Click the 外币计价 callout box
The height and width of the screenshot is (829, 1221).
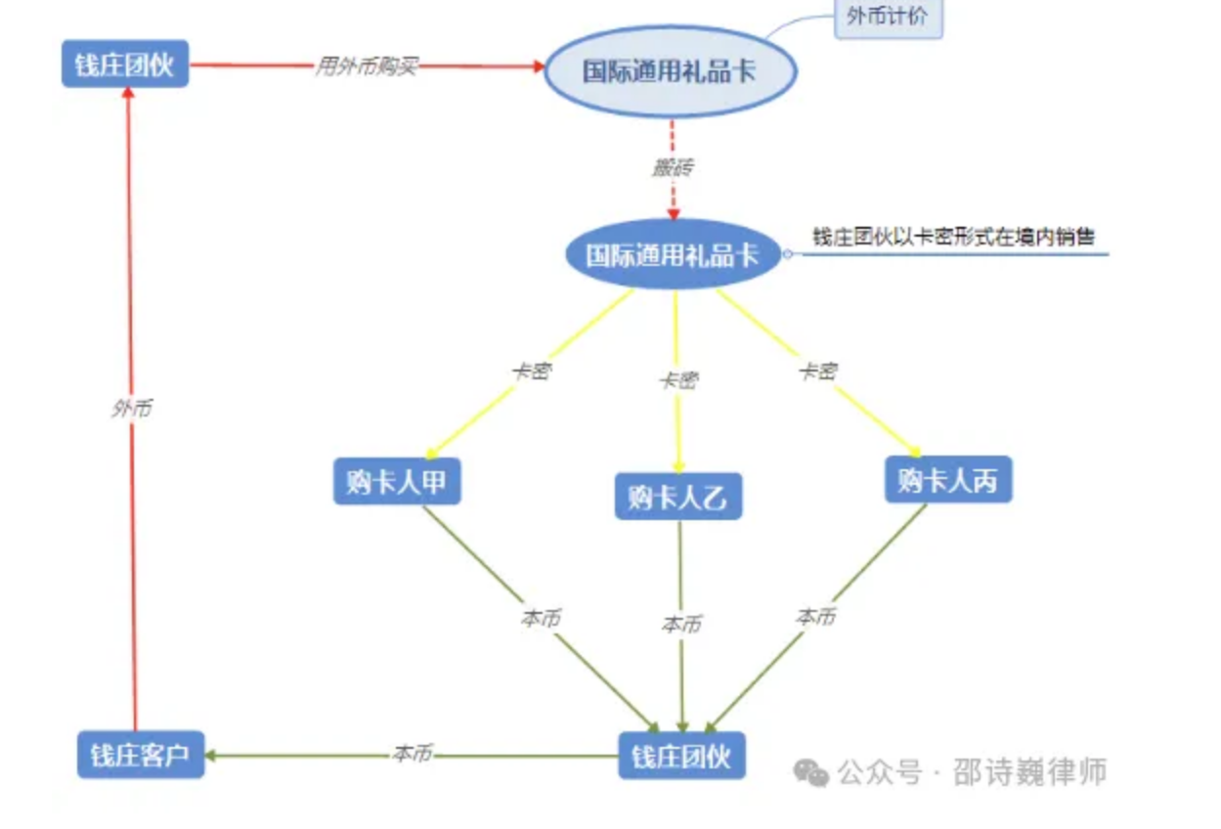[x=888, y=18]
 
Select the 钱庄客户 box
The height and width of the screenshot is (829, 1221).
[x=141, y=755]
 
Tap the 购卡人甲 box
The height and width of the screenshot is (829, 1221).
[x=396, y=481]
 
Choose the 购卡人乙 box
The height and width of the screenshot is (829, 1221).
[x=677, y=497]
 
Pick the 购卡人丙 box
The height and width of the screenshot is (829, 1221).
[x=947, y=480]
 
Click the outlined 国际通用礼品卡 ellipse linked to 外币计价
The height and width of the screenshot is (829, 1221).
[x=670, y=71]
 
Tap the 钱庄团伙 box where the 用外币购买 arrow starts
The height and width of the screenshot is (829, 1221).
[x=124, y=65]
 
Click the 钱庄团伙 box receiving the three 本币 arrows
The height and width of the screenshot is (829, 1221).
[x=681, y=756]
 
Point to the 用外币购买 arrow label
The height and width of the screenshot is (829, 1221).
[x=366, y=66]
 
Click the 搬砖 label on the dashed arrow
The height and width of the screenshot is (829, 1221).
[x=673, y=167]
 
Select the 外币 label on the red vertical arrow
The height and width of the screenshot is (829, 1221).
[x=131, y=409]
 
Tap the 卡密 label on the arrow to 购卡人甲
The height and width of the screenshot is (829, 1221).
[x=530, y=371]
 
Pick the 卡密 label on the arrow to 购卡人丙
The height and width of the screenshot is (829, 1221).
[x=817, y=371]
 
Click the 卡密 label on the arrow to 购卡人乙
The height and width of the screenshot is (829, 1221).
[x=677, y=379]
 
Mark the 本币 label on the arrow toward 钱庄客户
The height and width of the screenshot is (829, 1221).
[x=412, y=754]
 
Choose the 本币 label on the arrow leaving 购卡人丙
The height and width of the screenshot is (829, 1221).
[x=816, y=617]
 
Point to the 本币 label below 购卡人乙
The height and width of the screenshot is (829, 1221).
[x=680, y=624]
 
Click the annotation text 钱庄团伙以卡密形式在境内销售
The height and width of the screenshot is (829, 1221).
[x=953, y=237]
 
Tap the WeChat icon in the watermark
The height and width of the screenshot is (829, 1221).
[x=810, y=772]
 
